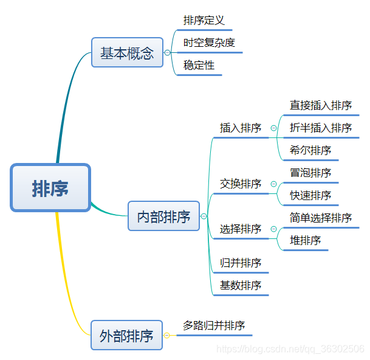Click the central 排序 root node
(x=50, y=188)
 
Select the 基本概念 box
(x=127, y=53)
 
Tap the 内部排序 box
(x=163, y=216)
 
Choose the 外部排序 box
(x=126, y=335)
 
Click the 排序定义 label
(x=204, y=21)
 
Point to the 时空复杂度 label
(x=209, y=43)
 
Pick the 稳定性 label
(x=199, y=65)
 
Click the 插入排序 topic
(x=241, y=128)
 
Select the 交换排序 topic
(x=241, y=184)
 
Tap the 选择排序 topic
(x=241, y=229)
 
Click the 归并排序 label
(x=241, y=263)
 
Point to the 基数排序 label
(x=241, y=285)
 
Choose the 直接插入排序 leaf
(x=321, y=105)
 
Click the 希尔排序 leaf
(x=310, y=150)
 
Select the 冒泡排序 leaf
(x=310, y=173)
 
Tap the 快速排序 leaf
(x=310, y=195)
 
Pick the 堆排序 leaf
(x=306, y=240)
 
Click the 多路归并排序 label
(x=214, y=326)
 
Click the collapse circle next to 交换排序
(x=273, y=184)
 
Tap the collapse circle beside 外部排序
(x=167, y=335)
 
